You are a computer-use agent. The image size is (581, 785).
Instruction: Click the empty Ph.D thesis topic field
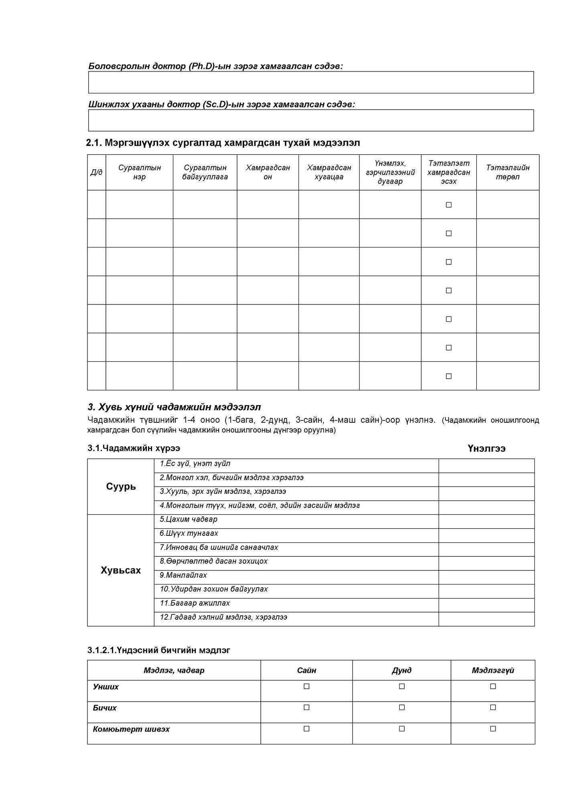pyautogui.click(x=311, y=82)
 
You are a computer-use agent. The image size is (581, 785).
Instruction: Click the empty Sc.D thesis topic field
pyautogui.click(x=311, y=120)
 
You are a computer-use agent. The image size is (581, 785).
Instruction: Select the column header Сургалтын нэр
pyautogui.click(x=139, y=172)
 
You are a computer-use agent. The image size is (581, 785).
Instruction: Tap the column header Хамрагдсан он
pyautogui.click(x=268, y=172)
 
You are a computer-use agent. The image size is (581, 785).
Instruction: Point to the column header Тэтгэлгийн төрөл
pyautogui.click(x=508, y=172)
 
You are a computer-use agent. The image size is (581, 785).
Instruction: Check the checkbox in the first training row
pyautogui.click(x=449, y=205)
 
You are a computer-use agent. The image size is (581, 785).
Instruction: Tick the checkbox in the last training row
pyautogui.click(x=449, y=376)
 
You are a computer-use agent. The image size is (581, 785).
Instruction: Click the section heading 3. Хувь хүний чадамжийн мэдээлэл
pyautogui.click(x=174, y=407)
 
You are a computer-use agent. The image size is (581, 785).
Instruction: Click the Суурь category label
pyautogui.click(x=121, y=487)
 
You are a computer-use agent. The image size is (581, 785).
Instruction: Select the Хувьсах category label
pyautogui.click(x=121, y=570)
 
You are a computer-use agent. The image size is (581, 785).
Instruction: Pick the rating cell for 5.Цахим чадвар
pyautogui.click(x=486, y=521)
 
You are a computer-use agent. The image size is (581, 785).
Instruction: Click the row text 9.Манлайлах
pyautogui.click(x=183, y=575)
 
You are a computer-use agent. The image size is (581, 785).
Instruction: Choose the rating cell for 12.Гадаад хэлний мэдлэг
pyautogui.click(x=486, y=619)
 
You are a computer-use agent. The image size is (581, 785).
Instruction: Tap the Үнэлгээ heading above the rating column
pyautogui.click(x=486, y=448)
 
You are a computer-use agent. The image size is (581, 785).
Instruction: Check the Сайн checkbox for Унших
pyautogui.click(x=307, y=686)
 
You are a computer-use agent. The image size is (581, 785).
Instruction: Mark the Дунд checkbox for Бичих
pyautogui.click(x=402, y=707)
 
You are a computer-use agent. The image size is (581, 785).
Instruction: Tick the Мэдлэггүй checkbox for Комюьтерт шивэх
pyautogui.click(x=493, y=728)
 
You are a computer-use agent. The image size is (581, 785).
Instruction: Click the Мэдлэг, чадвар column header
pyautogui.click(x=174, y=670)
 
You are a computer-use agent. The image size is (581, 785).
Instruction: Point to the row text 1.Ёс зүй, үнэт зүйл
pyautogui.click(x=195, y=464)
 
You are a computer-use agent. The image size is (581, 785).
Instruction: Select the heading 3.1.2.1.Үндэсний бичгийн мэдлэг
pyautogui.click(x=159, y=650)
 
